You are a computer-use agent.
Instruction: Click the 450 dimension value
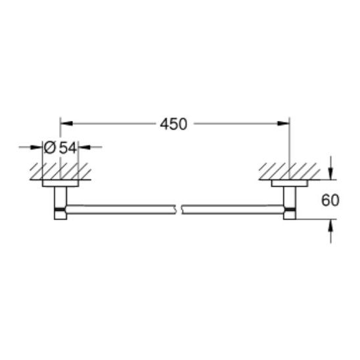[x=173, y=124]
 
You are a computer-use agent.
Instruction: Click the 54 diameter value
[x=68, y=148]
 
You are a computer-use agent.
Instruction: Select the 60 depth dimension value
[x=330, y=200]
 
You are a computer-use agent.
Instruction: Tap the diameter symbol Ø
[x=50, y=148]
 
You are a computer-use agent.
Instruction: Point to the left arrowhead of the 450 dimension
[x=66, y=124]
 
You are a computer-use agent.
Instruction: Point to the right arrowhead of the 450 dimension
[x=283, y=124]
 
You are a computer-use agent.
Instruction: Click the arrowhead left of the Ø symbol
[x=37, y=147]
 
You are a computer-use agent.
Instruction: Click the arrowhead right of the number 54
[x=85, y=147]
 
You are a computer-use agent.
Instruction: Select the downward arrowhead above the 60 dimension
[x=330, y=173]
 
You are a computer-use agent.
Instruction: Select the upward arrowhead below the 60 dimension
[x=330, y=225]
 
